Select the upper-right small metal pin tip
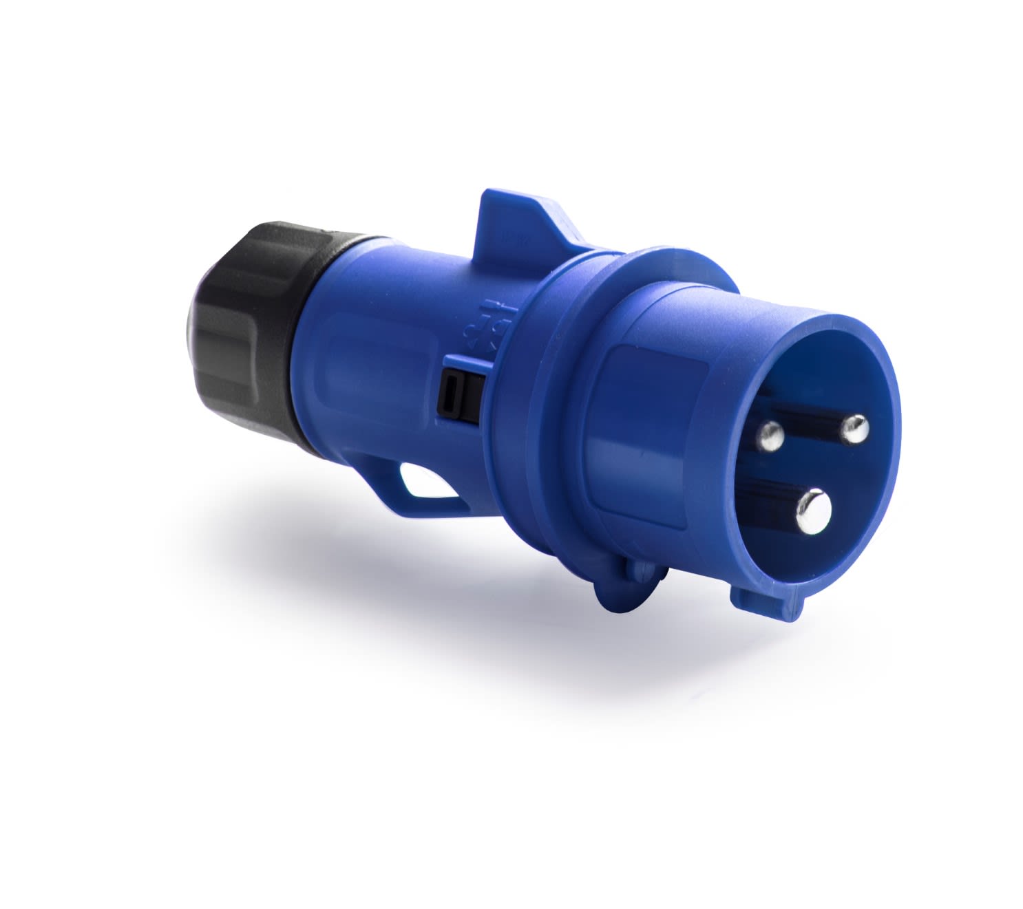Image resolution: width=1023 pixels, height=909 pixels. click(855, 430)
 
